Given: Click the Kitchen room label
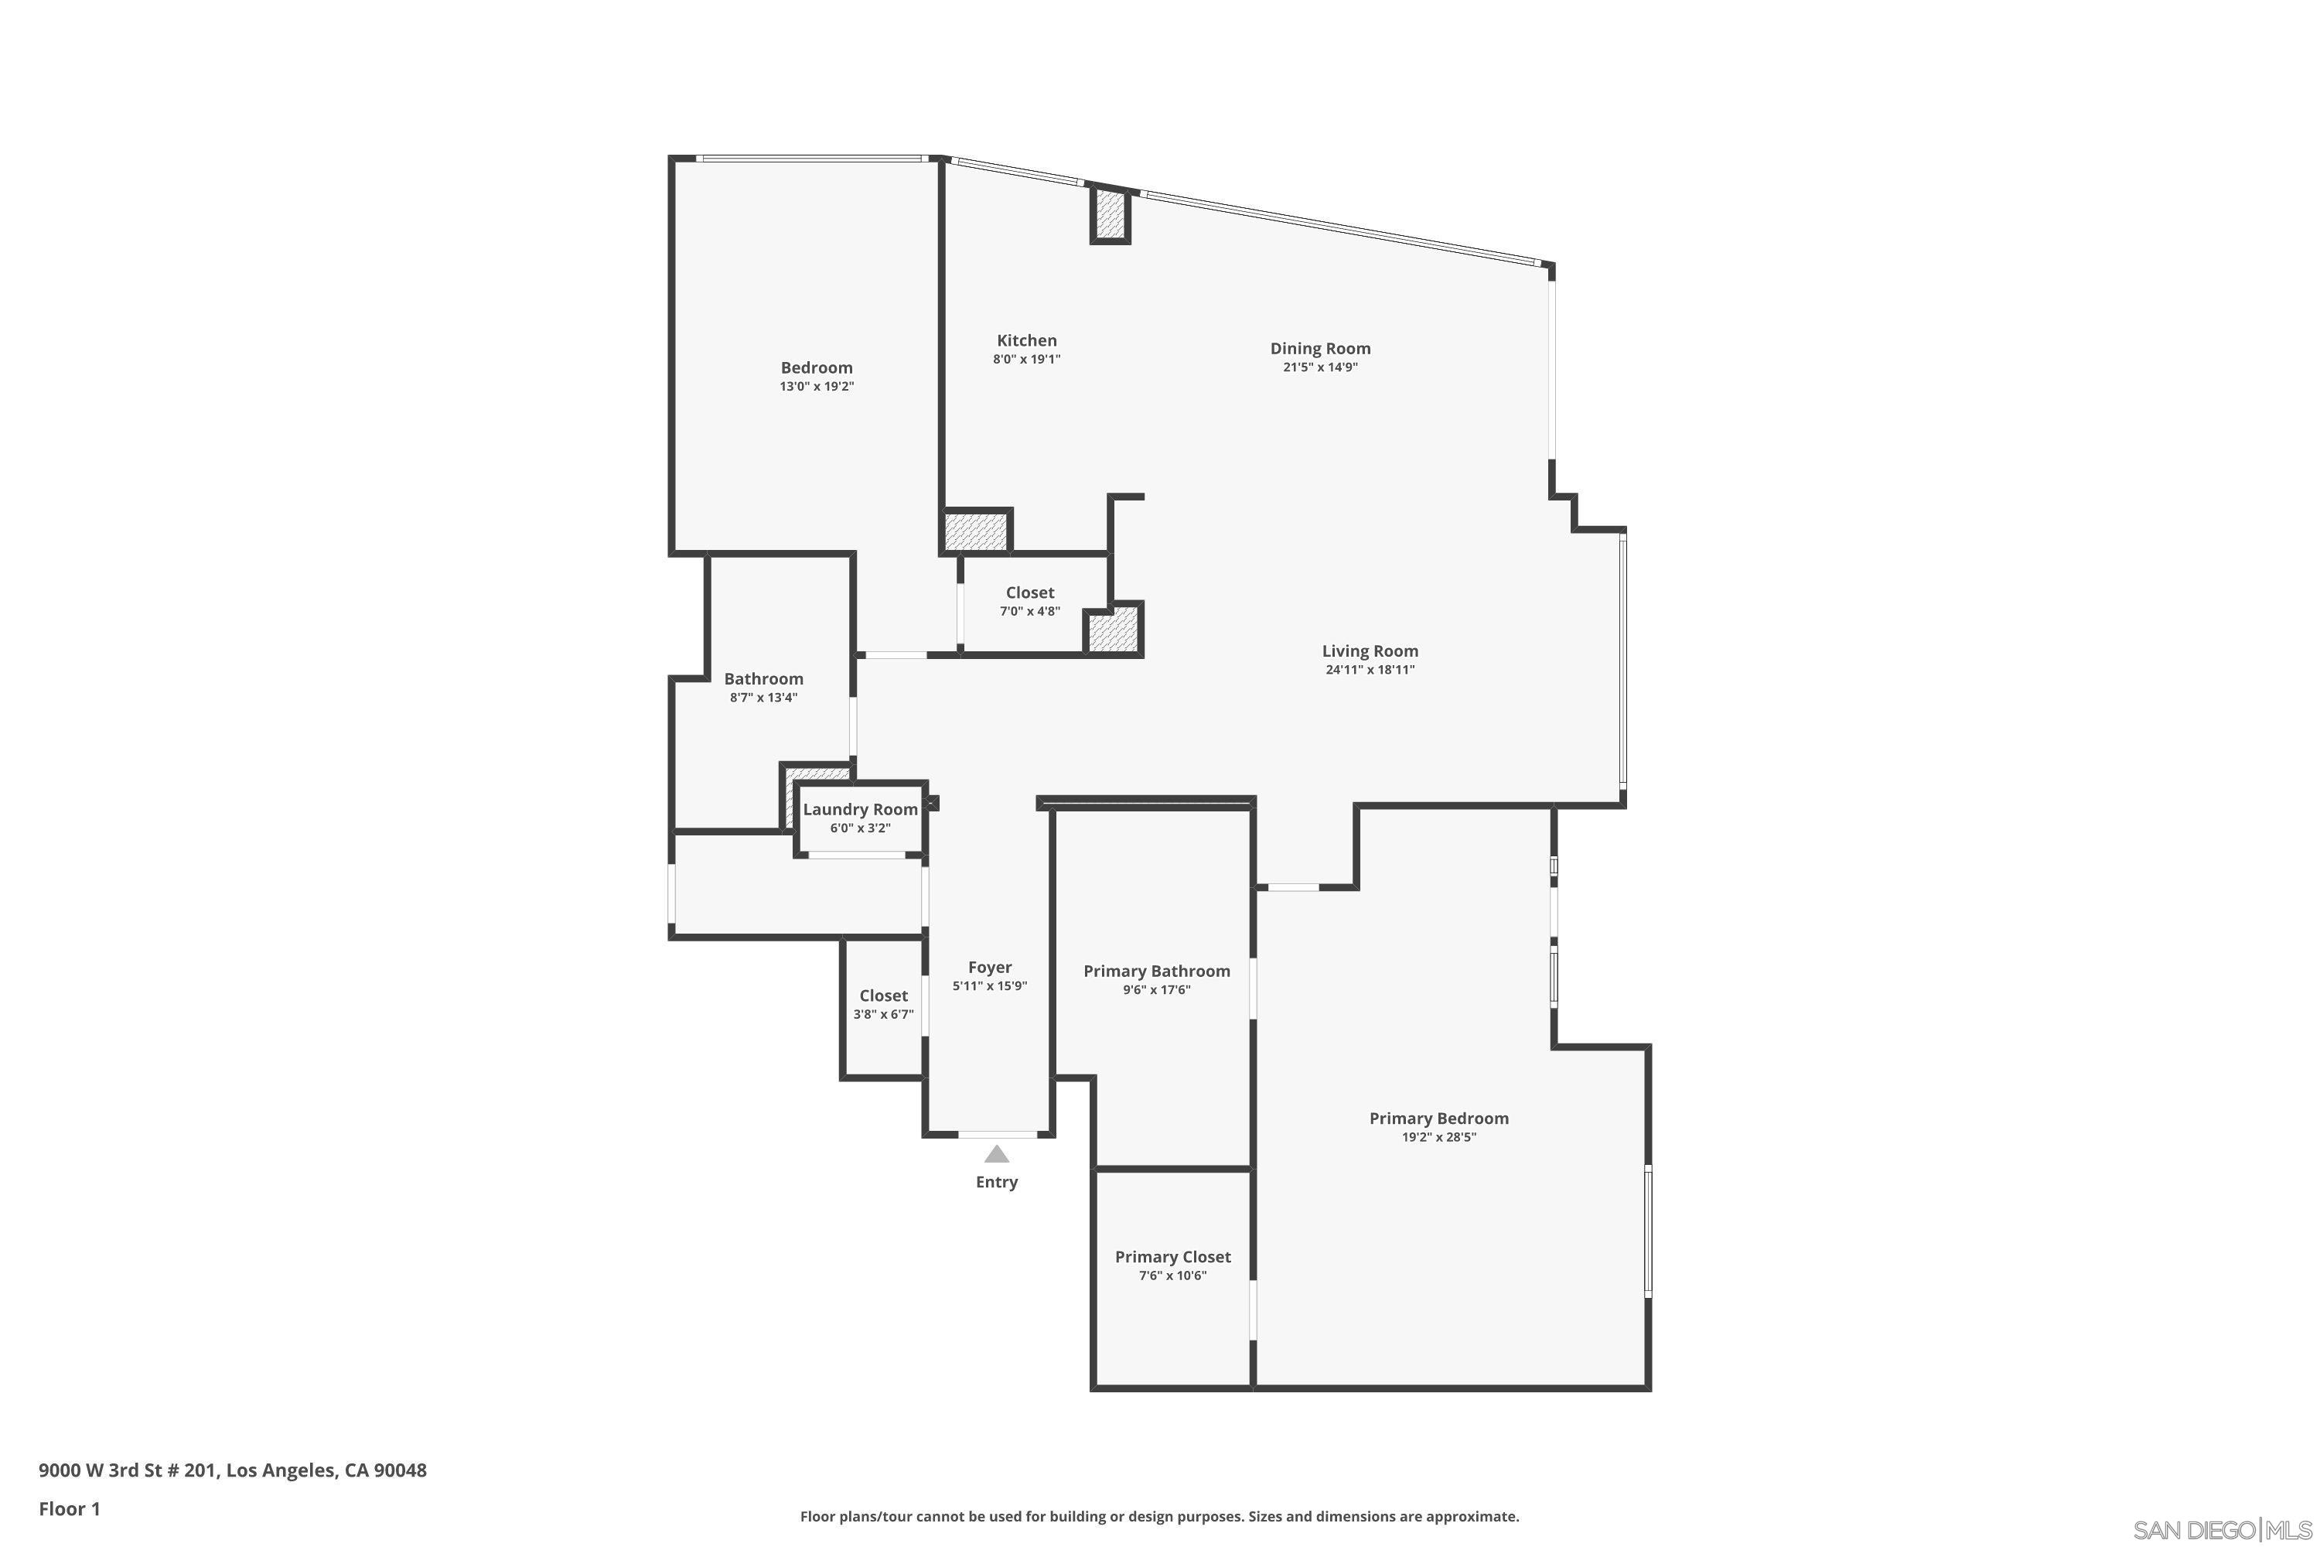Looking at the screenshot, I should [x=1026, y=340].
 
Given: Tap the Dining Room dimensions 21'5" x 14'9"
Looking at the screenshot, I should [x=1320, y=367].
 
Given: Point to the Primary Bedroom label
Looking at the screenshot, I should [x=1438, y=1118].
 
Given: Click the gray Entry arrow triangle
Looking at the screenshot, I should [x=996, y=1153].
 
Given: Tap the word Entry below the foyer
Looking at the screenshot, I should [x=996, y=1182].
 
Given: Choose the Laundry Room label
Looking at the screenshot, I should [x=860, y=809].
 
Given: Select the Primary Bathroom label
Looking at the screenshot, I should [x=1156, y=971].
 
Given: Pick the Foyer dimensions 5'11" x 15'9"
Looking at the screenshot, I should [x=989, y=985].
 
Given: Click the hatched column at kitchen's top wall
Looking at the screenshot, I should [x=1110, y=214].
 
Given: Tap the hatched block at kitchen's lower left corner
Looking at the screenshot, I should [x=974, y=531].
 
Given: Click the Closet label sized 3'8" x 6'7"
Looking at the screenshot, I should [x=883, y=995].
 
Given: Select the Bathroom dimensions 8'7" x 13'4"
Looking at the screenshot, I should [x=763, y=698].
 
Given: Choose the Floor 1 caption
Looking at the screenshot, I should [x=69, y=1508].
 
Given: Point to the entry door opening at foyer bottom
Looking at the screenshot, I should [x=998, y=1135].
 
